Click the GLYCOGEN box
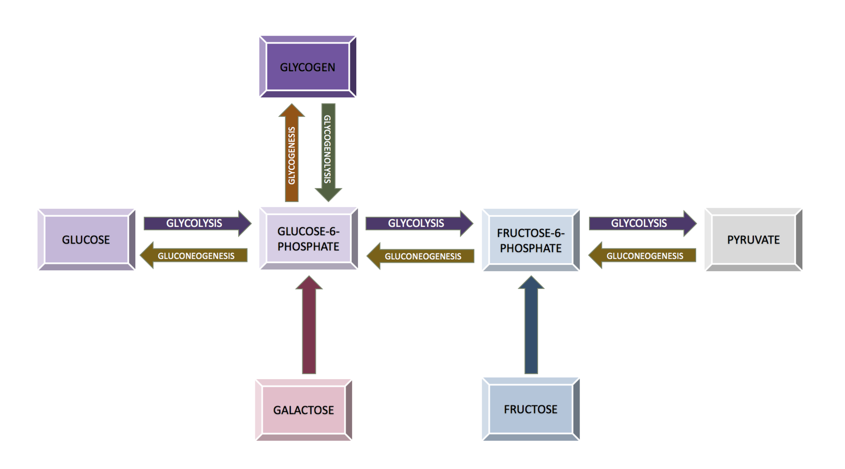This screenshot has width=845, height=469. [307, 67]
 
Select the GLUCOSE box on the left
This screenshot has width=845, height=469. [86, 240]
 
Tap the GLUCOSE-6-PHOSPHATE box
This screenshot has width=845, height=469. [308, 239]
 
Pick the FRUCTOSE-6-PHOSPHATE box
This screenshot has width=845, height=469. [531, 240]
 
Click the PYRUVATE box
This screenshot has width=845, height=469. [753, 240]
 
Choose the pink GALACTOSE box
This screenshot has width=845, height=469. [303, 410]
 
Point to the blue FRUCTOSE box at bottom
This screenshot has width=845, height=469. [531, 409]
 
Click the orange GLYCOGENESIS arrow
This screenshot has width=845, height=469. [292, 156]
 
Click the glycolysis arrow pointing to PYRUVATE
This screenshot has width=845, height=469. [641, 223]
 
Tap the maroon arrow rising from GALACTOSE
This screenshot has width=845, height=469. [309, 328]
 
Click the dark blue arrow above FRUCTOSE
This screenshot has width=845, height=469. [531, 328]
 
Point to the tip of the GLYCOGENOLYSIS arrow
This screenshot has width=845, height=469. [328, 199]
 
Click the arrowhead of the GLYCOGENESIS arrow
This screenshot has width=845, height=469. [292, 108]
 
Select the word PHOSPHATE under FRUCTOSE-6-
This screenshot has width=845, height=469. [531, 248]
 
